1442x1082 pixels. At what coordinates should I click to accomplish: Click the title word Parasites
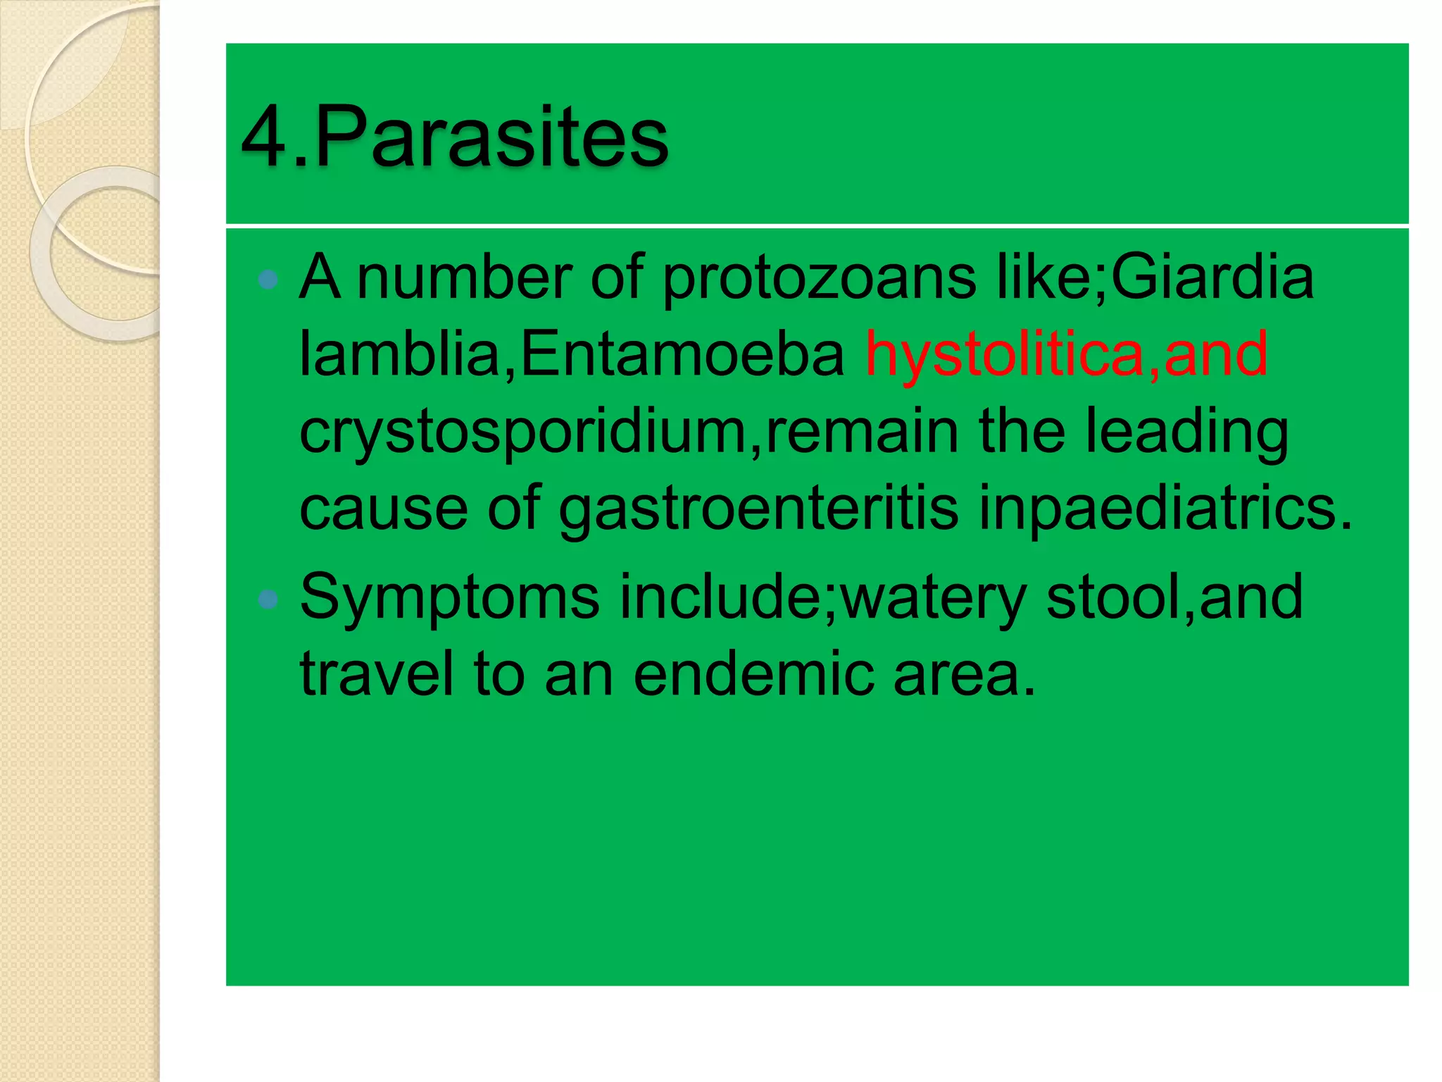(x=491, y=137)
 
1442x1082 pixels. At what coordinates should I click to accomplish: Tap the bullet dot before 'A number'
(x=268, y=280)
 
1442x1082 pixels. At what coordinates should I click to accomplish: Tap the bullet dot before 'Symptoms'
(x=268, y=599)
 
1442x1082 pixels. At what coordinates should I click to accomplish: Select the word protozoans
(x=820, y=278)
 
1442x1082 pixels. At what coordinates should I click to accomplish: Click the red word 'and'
(x=1216, y=354)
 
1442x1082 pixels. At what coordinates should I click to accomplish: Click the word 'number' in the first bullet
(x=465, y=278)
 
